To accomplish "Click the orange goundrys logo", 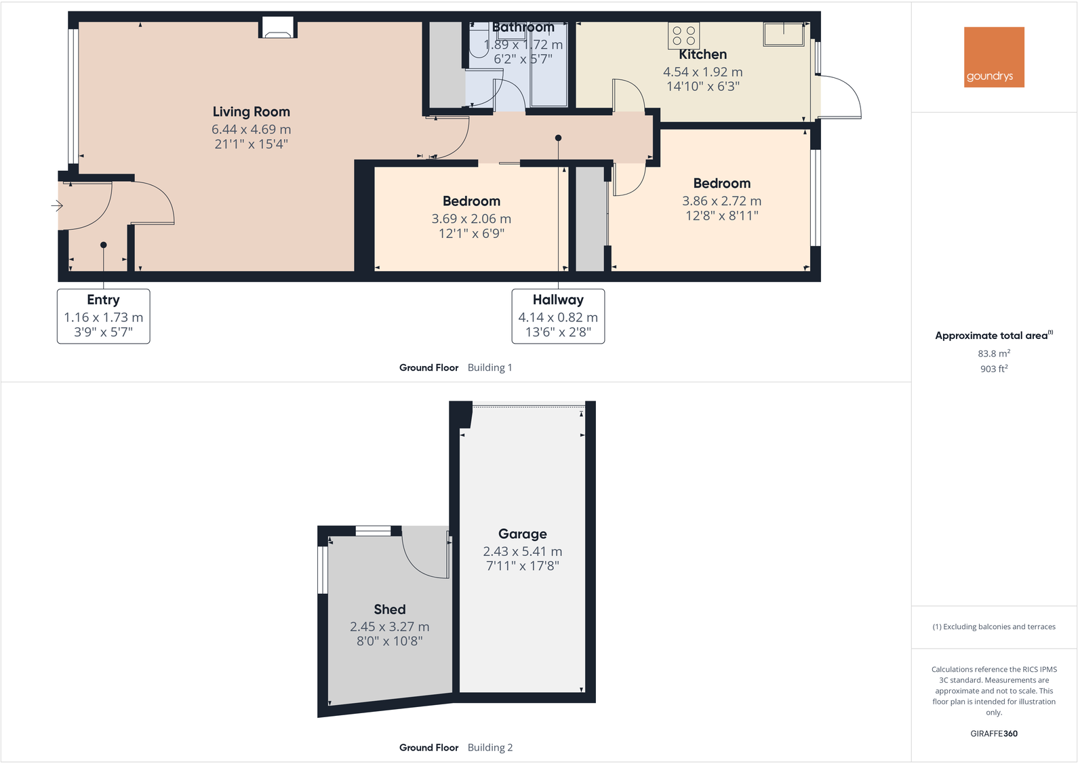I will tap(994, 57).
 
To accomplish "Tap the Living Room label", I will tap(251, 112).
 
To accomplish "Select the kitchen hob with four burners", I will tap(683, 36).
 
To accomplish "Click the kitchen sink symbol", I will tap(784, 33).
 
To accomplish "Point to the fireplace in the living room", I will tap(277, 28).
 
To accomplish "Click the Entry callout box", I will tap(103, 316).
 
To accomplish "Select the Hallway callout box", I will tap(557, 316).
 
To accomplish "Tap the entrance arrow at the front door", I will tap(57, 205).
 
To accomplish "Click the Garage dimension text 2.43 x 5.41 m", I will tap(522, 552).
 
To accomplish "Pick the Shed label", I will tap(389, 609).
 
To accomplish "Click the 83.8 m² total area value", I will tap(993, 354).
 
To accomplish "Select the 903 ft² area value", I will tap(993, 369).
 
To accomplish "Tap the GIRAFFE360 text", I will tap(993, 733).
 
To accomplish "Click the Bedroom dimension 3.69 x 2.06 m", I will tap(471, 219).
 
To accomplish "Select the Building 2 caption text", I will tap(490, 748).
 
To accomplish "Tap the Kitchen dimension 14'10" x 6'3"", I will tap(702, 86).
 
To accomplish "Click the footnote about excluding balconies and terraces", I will tap(993, 627).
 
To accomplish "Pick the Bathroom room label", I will tap(523, 27).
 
